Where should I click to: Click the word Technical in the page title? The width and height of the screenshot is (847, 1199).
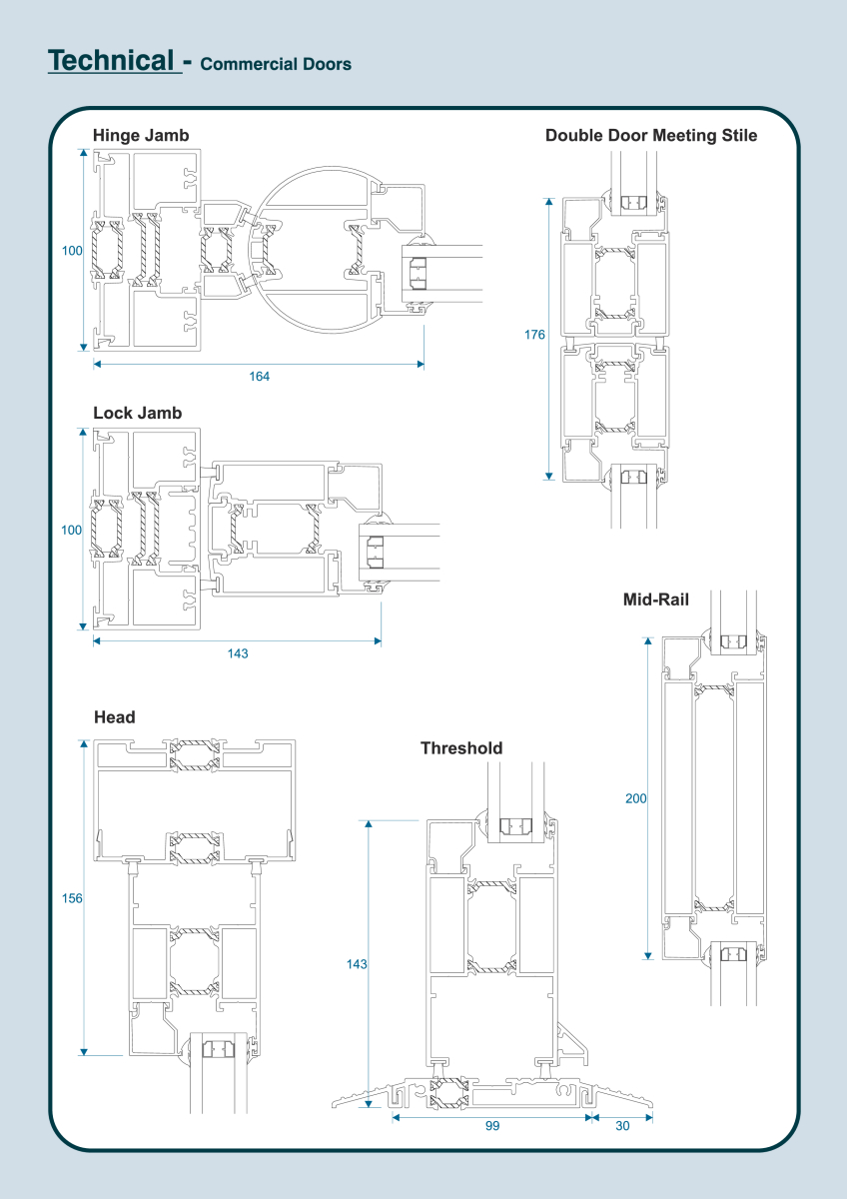(111, 60)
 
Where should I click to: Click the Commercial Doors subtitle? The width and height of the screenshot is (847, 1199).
(276, 64)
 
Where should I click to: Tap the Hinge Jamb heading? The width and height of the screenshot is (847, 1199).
(141, 136)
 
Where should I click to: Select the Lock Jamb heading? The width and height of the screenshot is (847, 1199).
(138, 413)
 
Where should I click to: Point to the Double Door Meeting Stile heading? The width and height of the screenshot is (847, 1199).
(651, 136)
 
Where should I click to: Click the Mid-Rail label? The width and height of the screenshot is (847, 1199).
(656, 599)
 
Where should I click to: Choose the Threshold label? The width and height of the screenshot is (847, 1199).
(461, 747)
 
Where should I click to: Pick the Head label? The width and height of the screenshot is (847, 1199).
(115, 717)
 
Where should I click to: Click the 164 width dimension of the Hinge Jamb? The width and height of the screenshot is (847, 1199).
(259, 377)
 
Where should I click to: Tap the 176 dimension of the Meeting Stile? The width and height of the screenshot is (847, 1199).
(534, 335)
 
